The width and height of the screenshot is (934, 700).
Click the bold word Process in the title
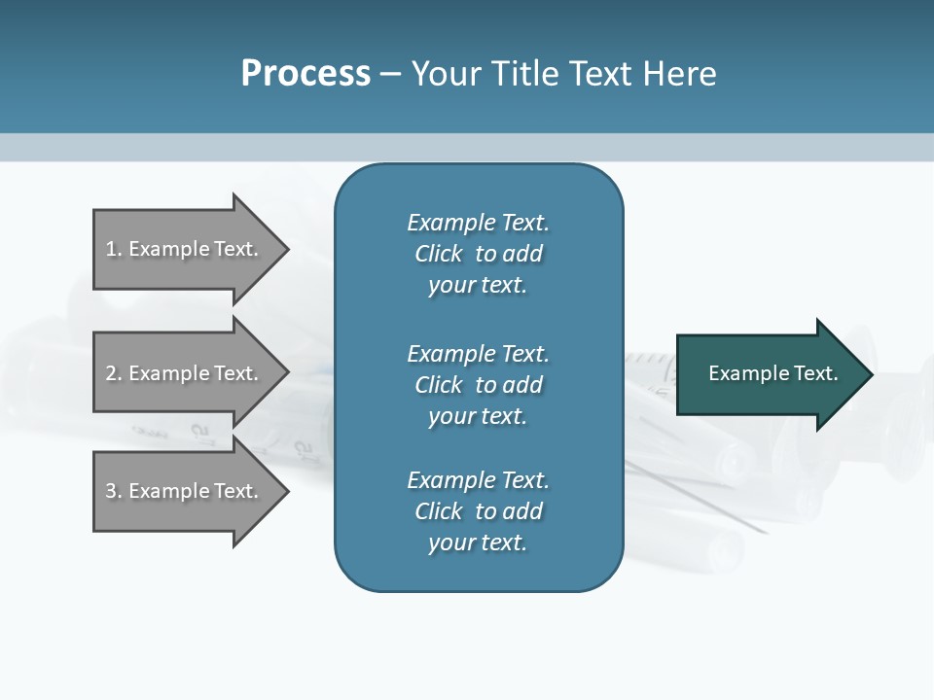[305, 74]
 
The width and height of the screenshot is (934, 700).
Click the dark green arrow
[769, 373]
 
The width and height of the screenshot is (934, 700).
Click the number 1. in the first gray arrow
[114, 249]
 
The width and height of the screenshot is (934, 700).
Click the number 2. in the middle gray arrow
[114, 373]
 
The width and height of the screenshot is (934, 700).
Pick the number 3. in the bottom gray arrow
[114, 491]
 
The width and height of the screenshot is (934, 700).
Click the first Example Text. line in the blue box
[478, 223]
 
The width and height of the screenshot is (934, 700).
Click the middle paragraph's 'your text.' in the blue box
[478, 416]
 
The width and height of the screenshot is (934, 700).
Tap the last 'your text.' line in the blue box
[478, 542]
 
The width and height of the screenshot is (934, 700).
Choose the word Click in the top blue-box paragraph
[439, 254]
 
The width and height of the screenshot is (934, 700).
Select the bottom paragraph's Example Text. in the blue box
[478, 480]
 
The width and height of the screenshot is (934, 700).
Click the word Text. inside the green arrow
[813, 373]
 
